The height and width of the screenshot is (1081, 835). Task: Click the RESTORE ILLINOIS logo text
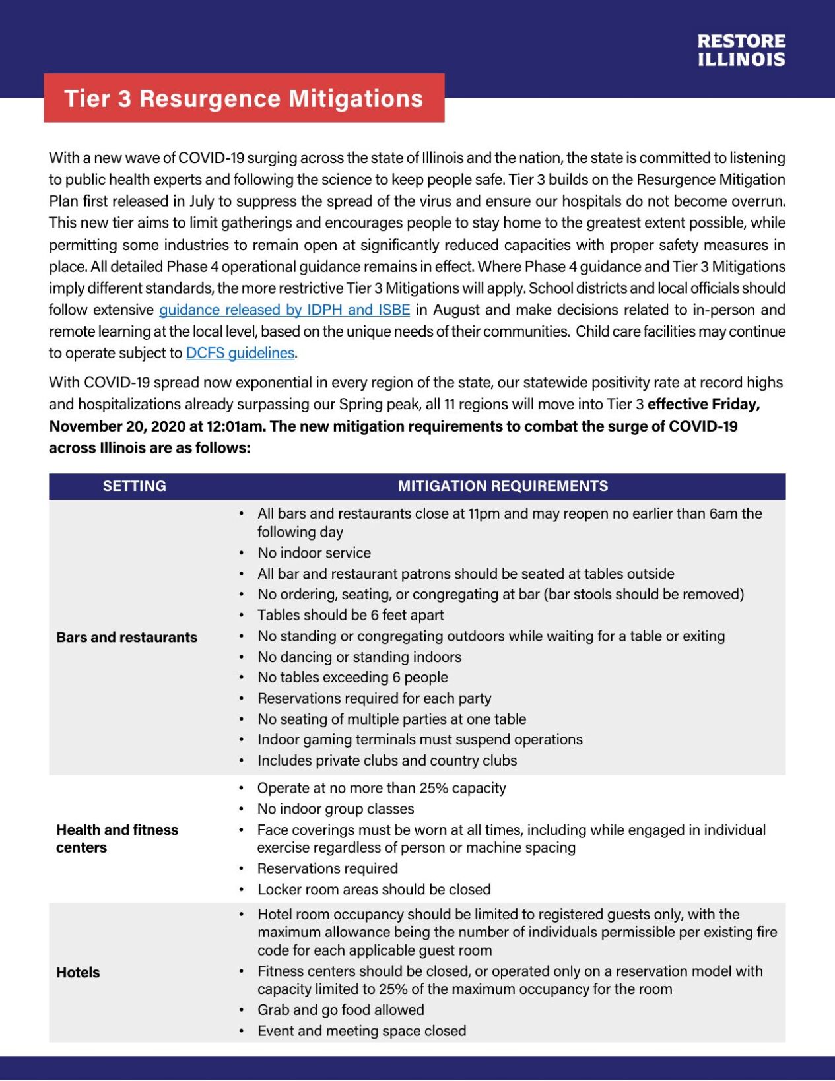pos(741,50)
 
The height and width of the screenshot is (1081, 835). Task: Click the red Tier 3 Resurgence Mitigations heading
pos(244,98)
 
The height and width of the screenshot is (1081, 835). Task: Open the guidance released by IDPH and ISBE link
pos(284,310)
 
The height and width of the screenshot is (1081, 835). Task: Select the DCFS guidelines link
pos(240,353)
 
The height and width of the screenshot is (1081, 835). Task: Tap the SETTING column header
pos(135,486)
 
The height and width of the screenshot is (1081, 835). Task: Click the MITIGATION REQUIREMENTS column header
pos(502,486)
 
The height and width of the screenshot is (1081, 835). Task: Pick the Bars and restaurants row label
pos(127,637)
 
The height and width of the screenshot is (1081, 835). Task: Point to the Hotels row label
pos(78,972)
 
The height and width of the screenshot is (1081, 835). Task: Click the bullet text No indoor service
pos(314,552)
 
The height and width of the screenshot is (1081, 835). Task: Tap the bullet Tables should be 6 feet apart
pos(351,615)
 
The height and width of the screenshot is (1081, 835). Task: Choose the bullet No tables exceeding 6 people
pos(352,677)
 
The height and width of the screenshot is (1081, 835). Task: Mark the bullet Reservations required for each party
pos(374,698)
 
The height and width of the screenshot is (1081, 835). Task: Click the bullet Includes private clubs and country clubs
pos(387,760)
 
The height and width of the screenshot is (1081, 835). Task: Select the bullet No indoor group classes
pos(335,808)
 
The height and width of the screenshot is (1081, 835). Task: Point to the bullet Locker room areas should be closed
pos(374,889)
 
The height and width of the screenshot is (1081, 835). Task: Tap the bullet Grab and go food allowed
pos(341,1010)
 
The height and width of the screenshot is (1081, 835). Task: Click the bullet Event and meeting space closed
pos(362,1031)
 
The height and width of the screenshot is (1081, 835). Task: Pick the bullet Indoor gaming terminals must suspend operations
pos(420,739)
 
